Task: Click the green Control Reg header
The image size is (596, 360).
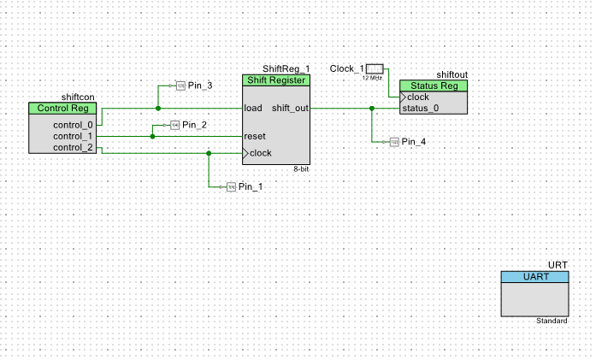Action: pos(63,109)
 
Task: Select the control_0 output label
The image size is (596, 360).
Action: pos(72,124)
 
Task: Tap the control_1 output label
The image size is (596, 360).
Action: pos(72,136)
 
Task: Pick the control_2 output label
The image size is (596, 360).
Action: pos(72,148)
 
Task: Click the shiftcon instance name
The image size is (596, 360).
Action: pos(78,97)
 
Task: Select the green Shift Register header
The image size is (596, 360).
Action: pos(275,80)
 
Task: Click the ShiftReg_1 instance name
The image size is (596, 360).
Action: pos(286,68)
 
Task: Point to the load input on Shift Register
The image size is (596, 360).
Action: pos(253,109)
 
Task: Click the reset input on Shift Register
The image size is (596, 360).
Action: pos(254,136)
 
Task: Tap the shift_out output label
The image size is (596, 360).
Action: pos(290,109)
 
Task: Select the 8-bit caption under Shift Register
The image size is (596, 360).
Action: pos(300,169)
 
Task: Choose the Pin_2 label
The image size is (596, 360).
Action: pos(194,126)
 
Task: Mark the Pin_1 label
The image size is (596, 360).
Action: pos(251,186)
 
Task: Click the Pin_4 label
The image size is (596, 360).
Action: pos(414,141)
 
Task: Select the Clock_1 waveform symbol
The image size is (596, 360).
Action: pos(375,68)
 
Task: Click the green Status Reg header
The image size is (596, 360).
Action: pos(434,86)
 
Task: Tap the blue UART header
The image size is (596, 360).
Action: pos(534,277)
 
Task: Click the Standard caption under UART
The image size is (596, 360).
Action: pos(552,321)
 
